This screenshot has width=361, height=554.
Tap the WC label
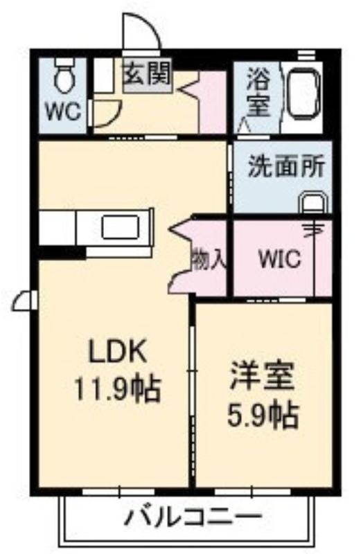tap(64, 111)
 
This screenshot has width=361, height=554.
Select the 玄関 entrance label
tap(148, 73)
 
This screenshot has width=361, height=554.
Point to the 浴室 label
tap(258, 92)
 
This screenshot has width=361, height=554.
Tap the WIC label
tap(280, 259)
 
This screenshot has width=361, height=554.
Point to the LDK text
tap(117, 352)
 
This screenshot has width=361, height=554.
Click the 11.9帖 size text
tap(117, 388)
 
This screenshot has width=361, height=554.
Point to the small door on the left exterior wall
tap(25, 301)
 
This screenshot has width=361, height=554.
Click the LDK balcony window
tap(118, 492)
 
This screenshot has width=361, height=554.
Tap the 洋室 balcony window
tap(252, 492)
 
